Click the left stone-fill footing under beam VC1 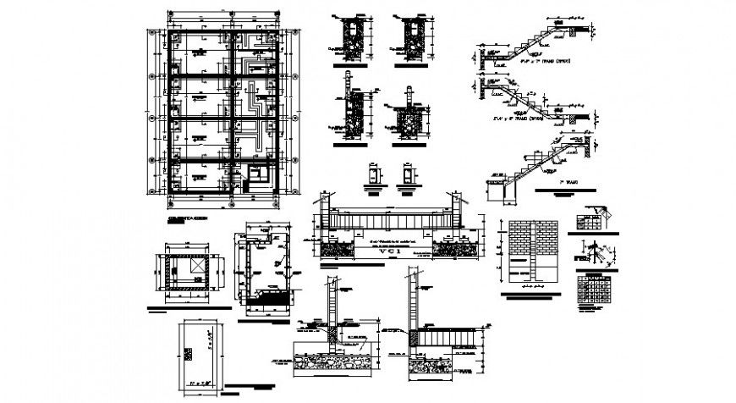(x=337, y=247)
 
